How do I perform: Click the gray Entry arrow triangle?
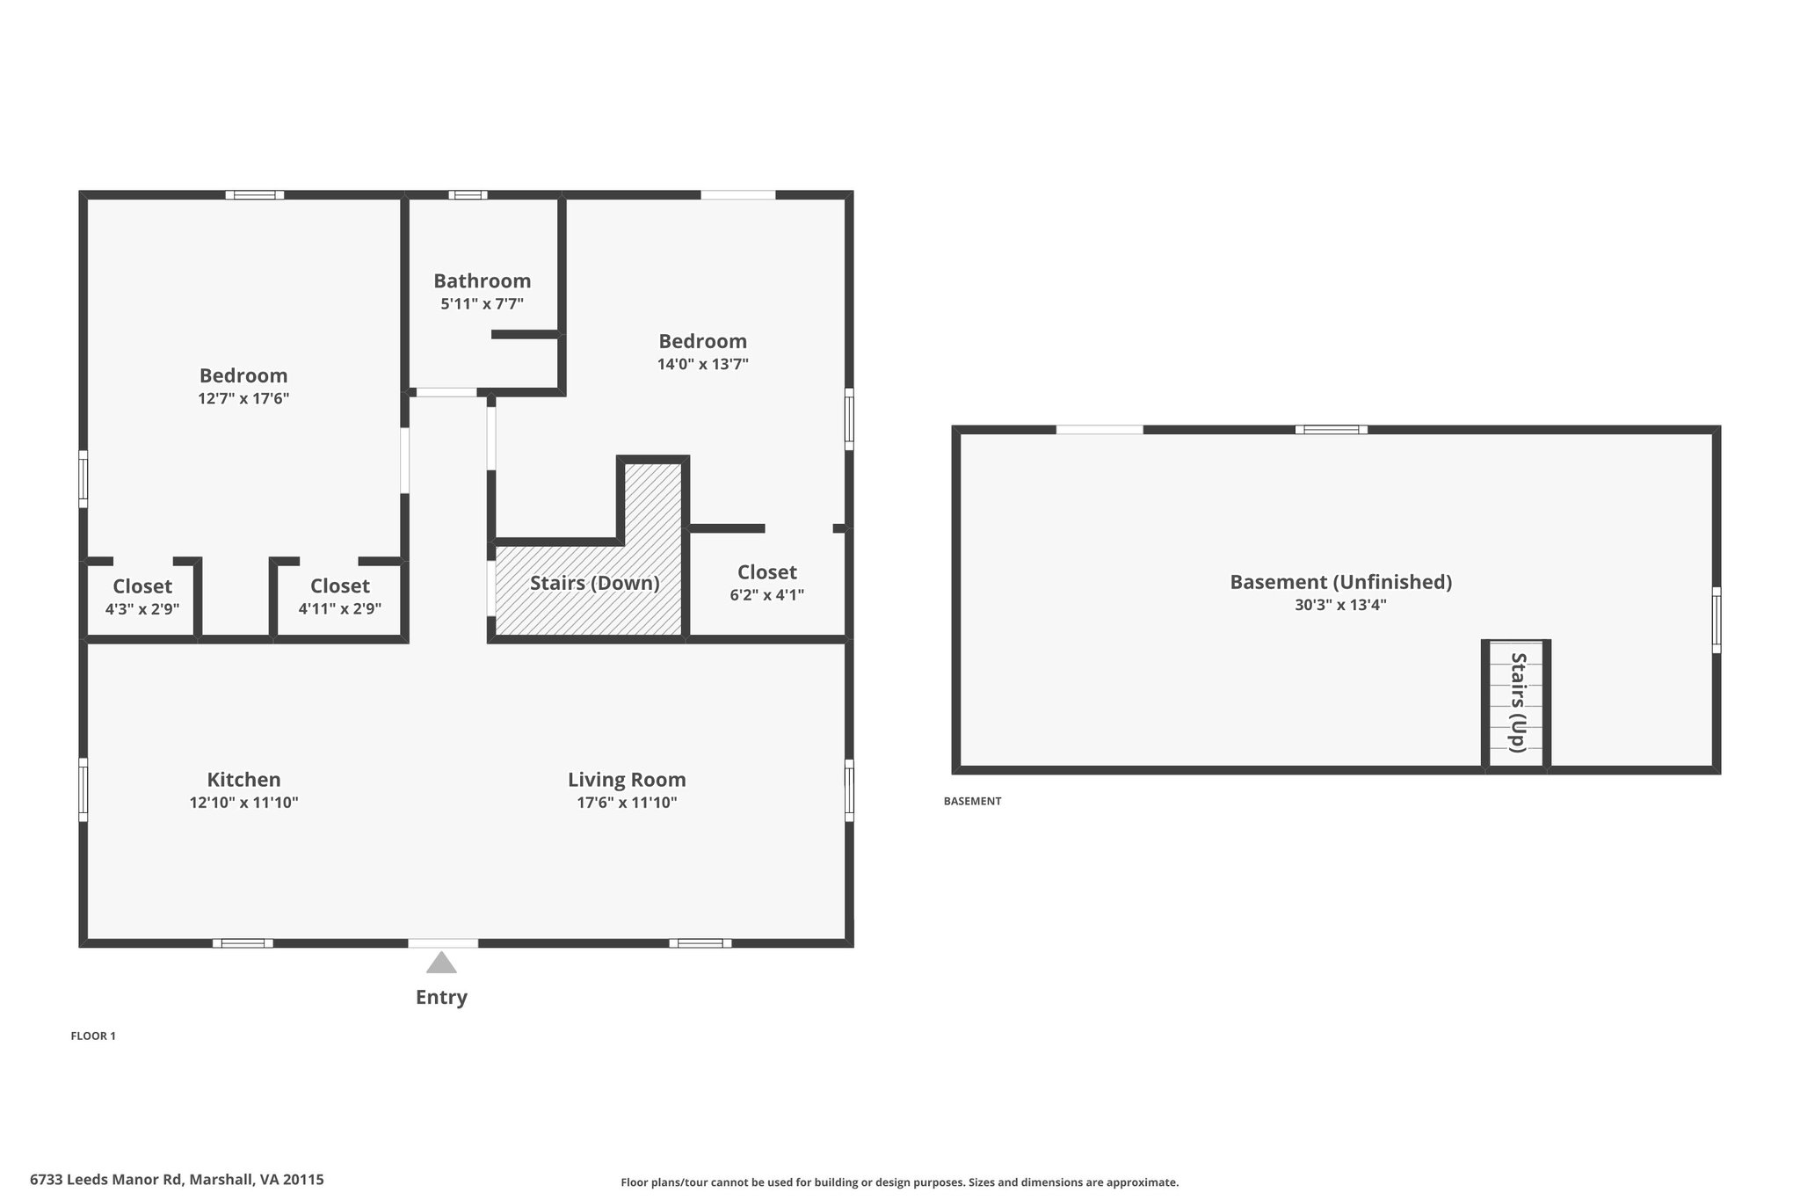click(x=441, y=964)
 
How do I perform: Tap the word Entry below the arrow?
click(x=441, y=997)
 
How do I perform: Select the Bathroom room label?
click(x=483, y=280)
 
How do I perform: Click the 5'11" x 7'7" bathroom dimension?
click(x=483, y=304)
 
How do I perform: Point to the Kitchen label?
click(x=243, y=780)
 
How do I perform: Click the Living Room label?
click(x=627, y=780)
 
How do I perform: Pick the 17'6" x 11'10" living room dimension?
click(x=627, y=803)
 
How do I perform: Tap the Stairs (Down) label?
click(x=595, y=583)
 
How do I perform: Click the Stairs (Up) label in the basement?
click(x=1518, y=702)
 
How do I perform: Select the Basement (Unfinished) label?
click(x=1341, y=582)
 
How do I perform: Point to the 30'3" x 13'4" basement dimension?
click(x=1341, y=605)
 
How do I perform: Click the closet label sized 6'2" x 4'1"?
click(x=767, y=572)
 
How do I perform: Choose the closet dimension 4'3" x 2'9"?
click(x=142, y=608)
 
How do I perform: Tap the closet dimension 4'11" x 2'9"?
click(x=340, y=608)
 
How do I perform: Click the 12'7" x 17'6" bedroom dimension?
click(x=243, y=398)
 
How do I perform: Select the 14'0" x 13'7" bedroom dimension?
click(x=703, y=364)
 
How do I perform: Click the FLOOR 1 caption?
click(x=93, y=1036)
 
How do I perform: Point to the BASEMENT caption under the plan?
click(x=973, y=801)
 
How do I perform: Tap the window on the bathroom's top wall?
click(x=468, y=195)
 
